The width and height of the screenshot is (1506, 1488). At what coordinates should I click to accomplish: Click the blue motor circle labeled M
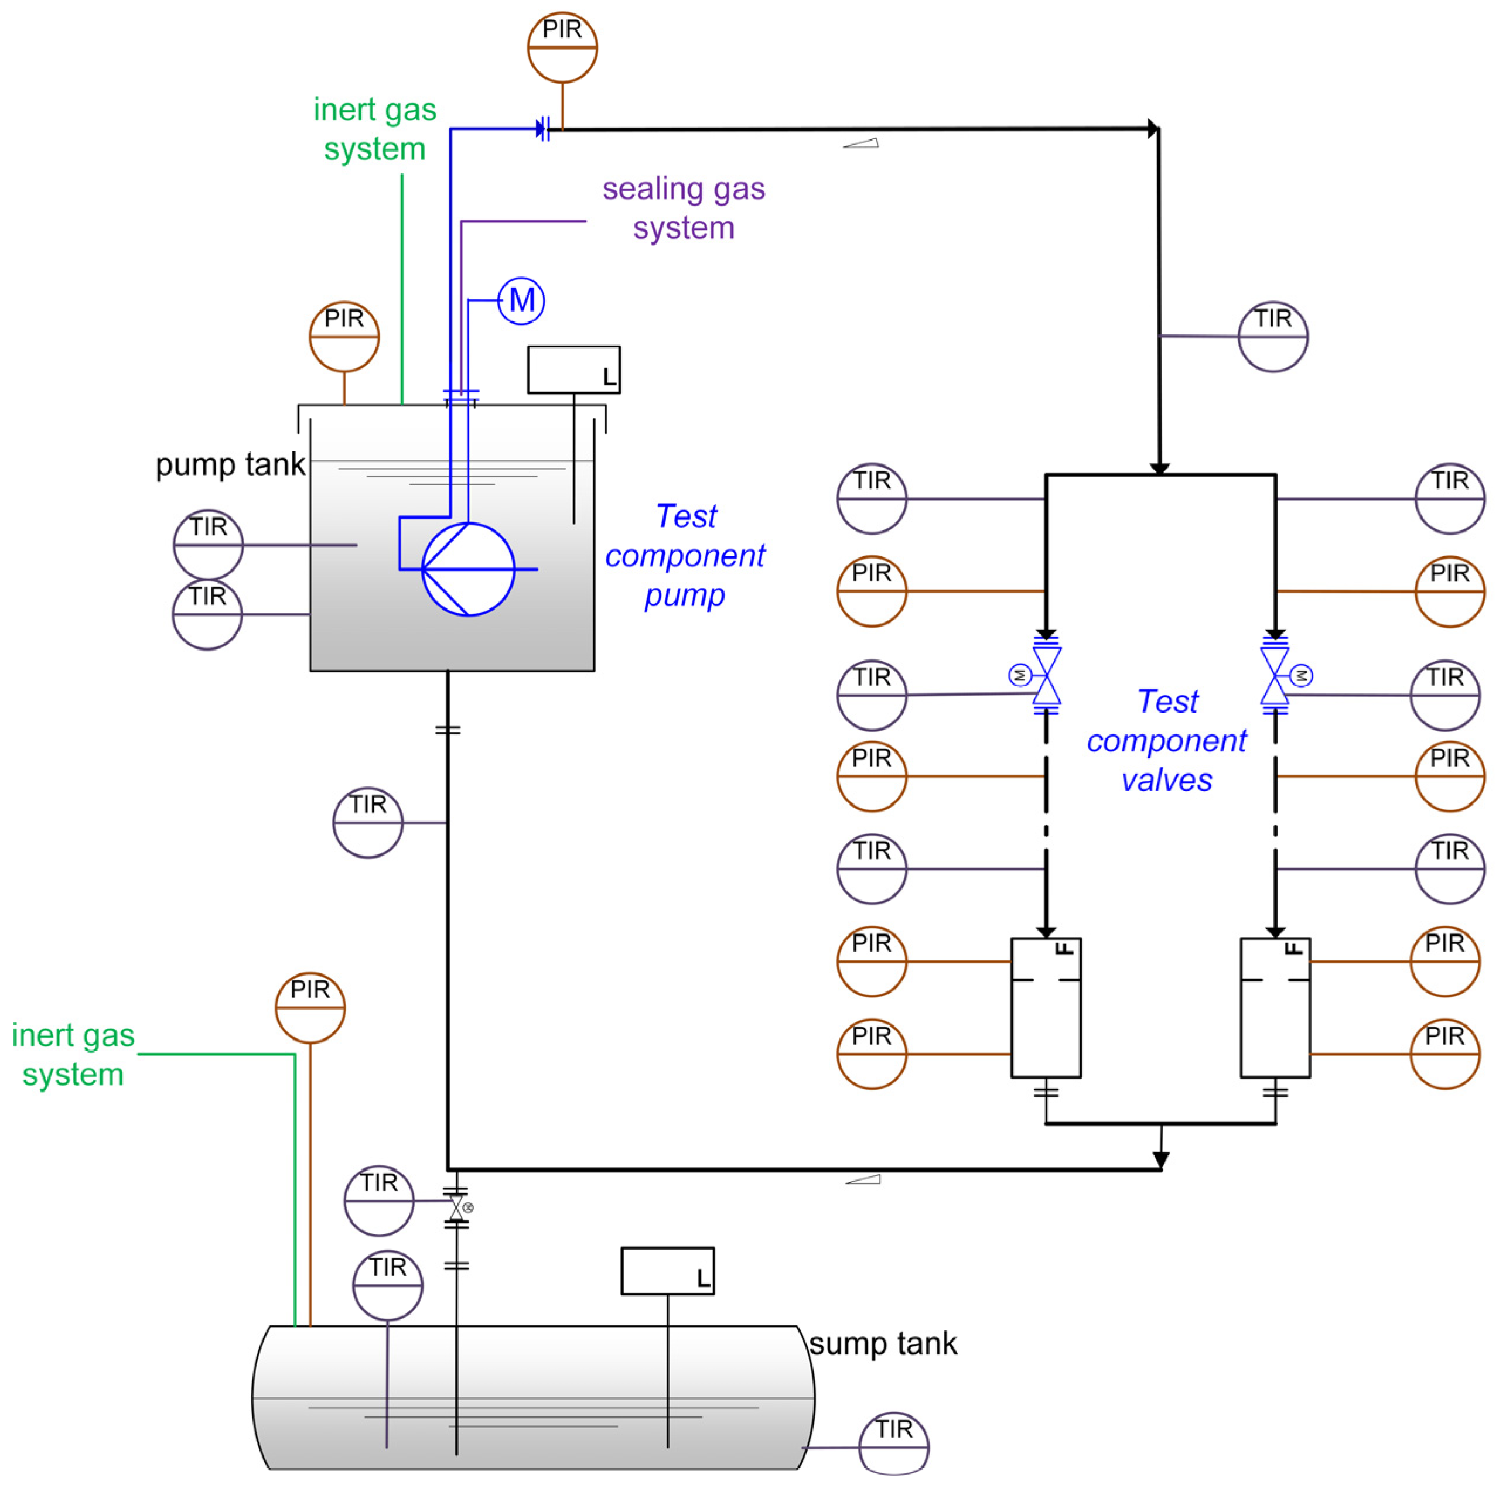pyautogui.click(x=521, y=301)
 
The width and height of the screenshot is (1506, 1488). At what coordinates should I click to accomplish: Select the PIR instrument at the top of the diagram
pyautogui.click(x=562, y=47)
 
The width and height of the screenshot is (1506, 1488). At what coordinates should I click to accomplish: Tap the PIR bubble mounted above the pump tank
pyautogui.click(x=344, y=337)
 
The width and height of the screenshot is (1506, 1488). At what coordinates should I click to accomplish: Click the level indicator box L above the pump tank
pyautogui.click(x=573, y=370)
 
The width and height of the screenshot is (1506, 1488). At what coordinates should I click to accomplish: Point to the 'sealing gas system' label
pyautogui.click(x=684, y=208)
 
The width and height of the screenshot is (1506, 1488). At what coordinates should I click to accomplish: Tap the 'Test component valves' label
pyautogui.click(x=1166, y=741)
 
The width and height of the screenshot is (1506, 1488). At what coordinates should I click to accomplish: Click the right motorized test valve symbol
pyautogui.click(x=1275, y=675)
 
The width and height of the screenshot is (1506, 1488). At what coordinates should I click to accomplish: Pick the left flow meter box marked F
pyautogui.click(x=1046, y=1007)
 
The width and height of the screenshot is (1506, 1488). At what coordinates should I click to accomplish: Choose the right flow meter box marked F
pyautogui.click(x=1275, y=1007)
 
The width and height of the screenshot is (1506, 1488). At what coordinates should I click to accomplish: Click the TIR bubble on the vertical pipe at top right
pyautogui.click(x=1273, y=337)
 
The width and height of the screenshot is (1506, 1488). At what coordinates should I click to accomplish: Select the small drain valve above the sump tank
pyautogui.click(x=457, y=1207)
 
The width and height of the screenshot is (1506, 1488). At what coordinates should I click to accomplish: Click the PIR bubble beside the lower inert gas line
pyautogui.click(x=310, y=1008)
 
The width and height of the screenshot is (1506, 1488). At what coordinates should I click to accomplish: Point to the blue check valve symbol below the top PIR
pyautogui.click(x=542, y=129)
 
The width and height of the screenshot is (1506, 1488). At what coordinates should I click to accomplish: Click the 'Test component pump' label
pyautogui.click(x=684, y=556)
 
